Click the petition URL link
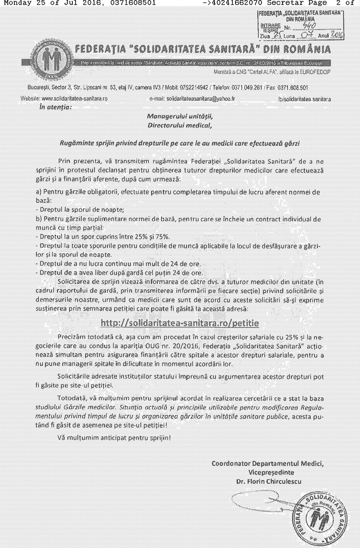[179, 323]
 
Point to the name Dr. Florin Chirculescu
[269, 481]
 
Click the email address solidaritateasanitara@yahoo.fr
[200, 99]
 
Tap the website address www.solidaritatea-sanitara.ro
[74, 99]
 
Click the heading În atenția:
[56, 107]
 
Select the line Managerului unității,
[180, 116]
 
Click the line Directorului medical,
[180, 125]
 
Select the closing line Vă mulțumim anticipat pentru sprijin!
[114, 438]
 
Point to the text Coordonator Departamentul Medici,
[267, 463]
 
